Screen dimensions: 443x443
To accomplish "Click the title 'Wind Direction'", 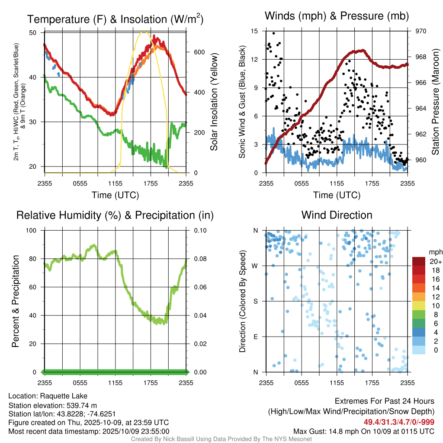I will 337,215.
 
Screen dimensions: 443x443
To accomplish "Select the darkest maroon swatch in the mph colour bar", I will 420,262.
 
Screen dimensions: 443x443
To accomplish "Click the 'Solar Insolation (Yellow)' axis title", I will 214,102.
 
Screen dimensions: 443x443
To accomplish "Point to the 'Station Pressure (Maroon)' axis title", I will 436,102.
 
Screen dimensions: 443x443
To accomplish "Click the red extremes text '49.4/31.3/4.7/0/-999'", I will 398,422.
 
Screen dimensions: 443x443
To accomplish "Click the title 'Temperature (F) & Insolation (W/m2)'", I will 115,19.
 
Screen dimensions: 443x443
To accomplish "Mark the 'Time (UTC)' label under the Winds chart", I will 337,195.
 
